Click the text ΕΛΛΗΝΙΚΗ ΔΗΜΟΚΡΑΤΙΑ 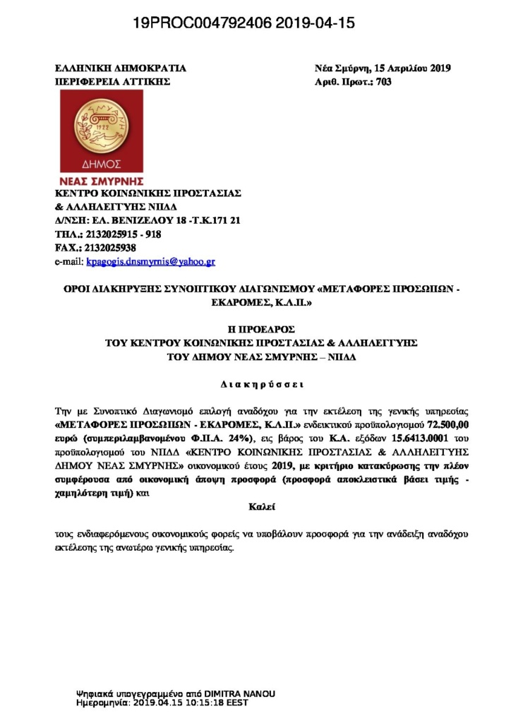tap(121, 68)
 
